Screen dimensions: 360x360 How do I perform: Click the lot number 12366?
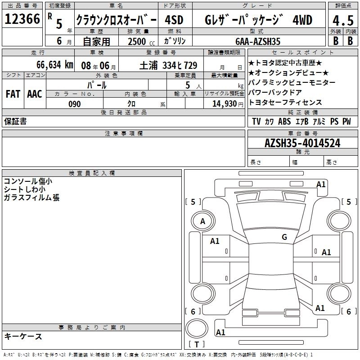click(22, 19)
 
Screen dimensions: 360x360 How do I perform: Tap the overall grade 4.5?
click(343, 20)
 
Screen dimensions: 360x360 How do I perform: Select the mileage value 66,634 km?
click(55, 65)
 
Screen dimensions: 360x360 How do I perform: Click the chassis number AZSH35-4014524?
click(302, 143)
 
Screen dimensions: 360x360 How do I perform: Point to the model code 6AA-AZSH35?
click(258, 41)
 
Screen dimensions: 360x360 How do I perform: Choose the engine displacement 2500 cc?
click(141, 41)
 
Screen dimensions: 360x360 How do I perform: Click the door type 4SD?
click(174, 20)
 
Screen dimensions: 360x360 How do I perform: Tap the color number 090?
click(75, 104)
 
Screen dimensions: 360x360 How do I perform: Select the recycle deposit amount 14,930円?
click(228, 104)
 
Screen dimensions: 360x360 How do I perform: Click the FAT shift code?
click(13, 94)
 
